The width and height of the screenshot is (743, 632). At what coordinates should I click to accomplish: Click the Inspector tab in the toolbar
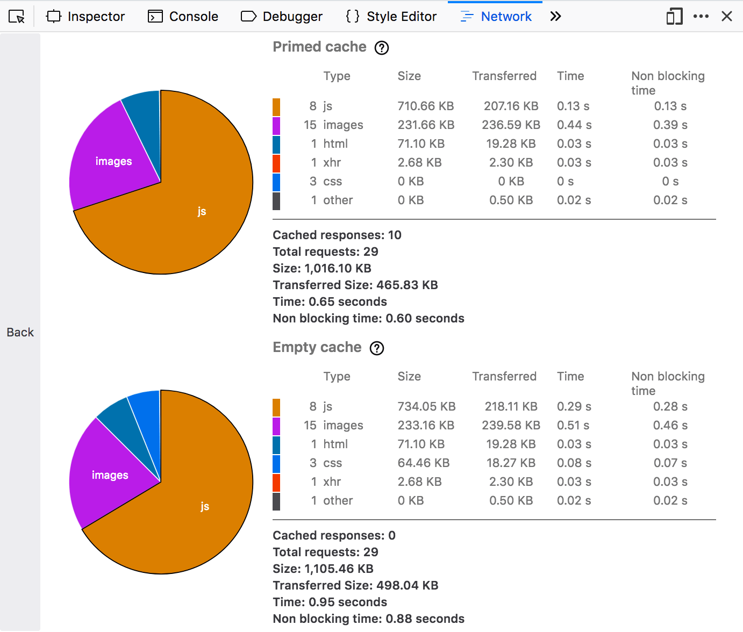[x=86, y=17]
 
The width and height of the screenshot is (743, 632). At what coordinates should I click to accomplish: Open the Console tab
[x=183, y=17]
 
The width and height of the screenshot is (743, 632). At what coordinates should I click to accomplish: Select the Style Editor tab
[x=391, y=17]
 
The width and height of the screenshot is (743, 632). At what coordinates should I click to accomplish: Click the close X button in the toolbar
[x=727, y=16]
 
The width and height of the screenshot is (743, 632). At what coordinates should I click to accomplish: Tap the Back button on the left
[x=20, y=332]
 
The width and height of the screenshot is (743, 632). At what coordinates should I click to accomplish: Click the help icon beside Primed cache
[x=382, y=48]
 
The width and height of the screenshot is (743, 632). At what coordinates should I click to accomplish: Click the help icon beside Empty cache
[x=377, y=348]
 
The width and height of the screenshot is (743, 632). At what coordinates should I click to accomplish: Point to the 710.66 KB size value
[x=426, y=106]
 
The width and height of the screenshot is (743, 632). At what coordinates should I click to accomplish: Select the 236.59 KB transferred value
[x=511, y=125]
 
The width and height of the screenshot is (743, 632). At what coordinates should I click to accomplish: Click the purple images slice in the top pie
[x=113, y=161]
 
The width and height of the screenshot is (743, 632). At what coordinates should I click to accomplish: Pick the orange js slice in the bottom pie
[x=204, y=506]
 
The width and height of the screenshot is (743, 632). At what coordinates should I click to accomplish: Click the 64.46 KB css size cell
[x=424, y=463]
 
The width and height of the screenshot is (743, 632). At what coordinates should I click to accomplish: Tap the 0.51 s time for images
[x=573, y=425]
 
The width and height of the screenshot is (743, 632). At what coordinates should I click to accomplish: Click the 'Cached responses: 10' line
[x=337, y=235]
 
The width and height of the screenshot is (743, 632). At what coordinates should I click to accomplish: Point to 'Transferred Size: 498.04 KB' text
[x=355, y=585]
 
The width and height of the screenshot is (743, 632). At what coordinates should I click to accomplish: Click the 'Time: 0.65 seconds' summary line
[x=330, y=301]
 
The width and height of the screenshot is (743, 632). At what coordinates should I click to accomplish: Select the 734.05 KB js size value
[x=426, y=406]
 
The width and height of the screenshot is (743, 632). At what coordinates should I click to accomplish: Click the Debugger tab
[x=282, y=17]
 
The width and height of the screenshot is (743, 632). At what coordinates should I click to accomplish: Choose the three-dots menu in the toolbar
[x=701, y=16]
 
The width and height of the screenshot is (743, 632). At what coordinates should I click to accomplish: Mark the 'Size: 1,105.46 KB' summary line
[x=323, y=569]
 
